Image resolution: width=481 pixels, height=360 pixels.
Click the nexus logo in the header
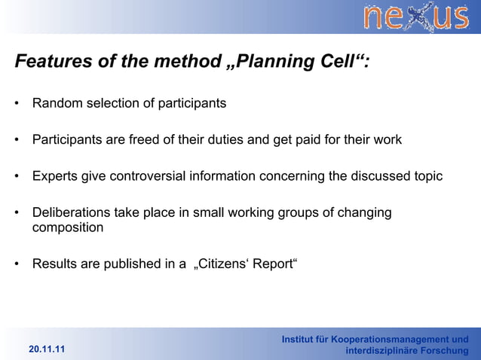(415, 17)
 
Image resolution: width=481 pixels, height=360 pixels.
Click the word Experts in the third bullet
(55, 177)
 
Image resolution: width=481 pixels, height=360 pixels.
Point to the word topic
(425, 177)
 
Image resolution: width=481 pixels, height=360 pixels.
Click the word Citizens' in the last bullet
(223, 264)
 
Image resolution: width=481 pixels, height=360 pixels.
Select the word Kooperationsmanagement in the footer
(394, 340)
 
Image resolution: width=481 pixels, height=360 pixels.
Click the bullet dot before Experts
(17, 177)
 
